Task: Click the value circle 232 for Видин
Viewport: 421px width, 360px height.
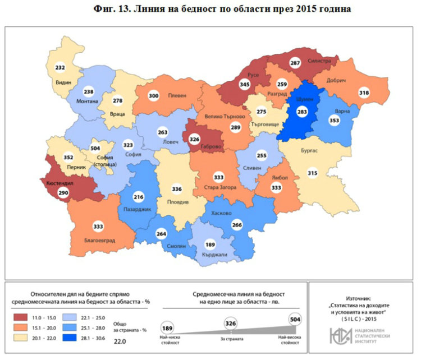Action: (x=60, y=68)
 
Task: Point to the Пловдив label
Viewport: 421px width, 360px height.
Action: (x=180, y=201)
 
